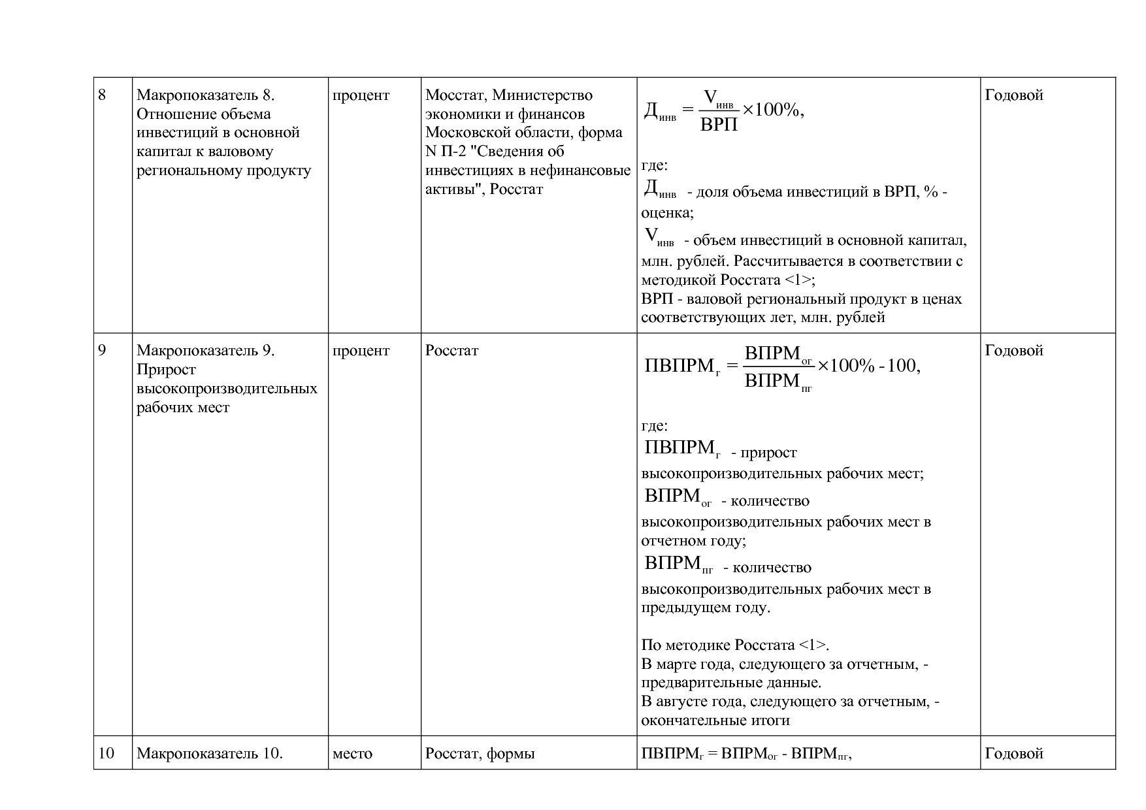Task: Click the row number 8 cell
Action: [102, 95]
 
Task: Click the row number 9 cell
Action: [102, 351]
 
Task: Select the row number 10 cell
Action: [106, 754]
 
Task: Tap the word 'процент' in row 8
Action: [361, 95]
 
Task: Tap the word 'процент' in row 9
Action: [361, 351]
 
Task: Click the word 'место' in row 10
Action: [352, 754]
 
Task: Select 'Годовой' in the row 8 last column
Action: [1013, 95]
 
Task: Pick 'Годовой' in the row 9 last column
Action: [1013, 351]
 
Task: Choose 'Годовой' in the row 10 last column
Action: [1013, 754]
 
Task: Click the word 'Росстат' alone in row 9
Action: [451, 351]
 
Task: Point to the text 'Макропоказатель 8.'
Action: [205, 95]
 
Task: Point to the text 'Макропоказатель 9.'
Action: [205, 351]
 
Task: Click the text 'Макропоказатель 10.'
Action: [209, 754]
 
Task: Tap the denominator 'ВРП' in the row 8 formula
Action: [719, 125]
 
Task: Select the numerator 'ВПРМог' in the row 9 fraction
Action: [778, 355]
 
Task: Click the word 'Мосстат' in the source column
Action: [455, 95]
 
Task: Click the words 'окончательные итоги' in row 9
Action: [715, 721]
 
